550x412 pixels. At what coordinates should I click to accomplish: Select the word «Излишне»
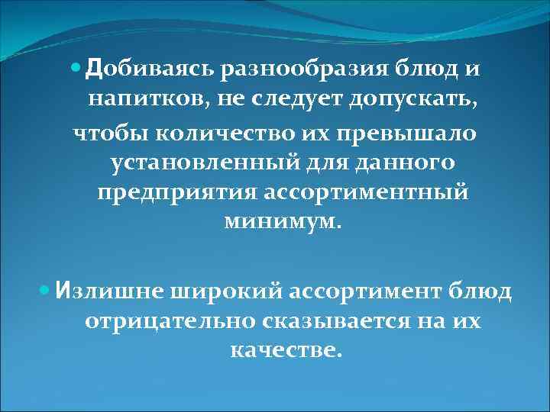pyautogui.click(x=103, y=291)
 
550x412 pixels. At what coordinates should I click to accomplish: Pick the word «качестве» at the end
pyautogui.click(x=281, y=352)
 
